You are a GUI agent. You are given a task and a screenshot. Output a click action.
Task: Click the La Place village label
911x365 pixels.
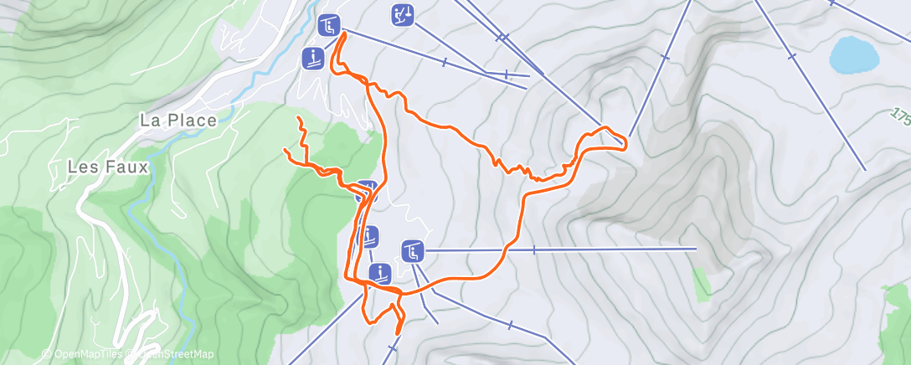point(178,120)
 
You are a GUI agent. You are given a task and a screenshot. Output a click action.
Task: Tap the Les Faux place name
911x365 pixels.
point(107,167)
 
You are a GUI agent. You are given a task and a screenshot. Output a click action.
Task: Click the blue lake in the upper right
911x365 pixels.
point(854,55)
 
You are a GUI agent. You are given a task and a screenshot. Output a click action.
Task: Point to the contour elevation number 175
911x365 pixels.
point(901,115)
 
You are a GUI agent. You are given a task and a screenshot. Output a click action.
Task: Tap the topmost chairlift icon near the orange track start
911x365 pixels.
point(328,25)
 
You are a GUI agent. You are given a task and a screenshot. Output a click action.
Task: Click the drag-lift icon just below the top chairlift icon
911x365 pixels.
point(313,59)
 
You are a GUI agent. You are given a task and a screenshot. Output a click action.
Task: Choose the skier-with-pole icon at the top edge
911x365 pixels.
point(403,15)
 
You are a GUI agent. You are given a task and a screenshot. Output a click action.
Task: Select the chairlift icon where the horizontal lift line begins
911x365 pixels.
point(411,250)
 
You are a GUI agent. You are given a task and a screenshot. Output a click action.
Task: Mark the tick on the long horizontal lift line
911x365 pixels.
point(533,249)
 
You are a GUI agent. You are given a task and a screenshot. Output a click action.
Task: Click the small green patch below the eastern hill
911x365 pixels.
point(703,285)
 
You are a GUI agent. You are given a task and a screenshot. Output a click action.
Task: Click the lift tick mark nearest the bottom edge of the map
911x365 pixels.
point(392,347)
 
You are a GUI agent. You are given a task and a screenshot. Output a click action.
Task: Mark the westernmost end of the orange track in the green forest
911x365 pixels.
point(286,151)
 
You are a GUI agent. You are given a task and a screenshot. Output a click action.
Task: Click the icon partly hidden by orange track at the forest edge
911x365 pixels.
point(366,192)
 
